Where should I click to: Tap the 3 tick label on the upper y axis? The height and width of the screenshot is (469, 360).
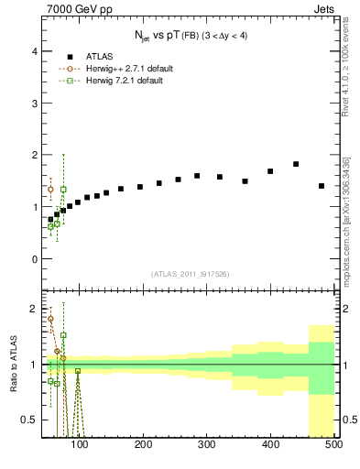[x=35, y=104]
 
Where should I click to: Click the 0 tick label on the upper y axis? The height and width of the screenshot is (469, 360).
[x=35, y=258]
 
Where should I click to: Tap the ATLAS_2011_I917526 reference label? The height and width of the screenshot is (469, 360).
[x=190, y=274]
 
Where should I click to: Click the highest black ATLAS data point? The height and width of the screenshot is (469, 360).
[x=296, y=164]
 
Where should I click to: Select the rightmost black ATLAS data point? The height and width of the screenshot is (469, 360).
[x=322, y=186]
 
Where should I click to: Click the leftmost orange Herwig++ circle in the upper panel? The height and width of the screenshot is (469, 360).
[x=50, y=190]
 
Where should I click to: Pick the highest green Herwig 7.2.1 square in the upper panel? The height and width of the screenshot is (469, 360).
[x=63, y=190]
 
